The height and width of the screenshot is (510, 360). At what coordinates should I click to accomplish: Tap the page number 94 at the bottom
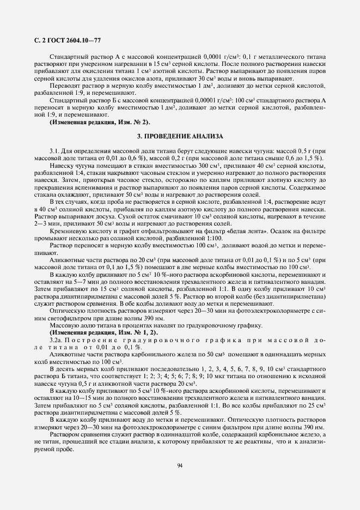(x=180, y=464)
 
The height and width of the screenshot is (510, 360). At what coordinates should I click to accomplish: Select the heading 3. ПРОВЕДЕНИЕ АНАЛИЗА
(x=180, y=136)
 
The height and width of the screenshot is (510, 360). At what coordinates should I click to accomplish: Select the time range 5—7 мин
(x=76, y=281)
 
